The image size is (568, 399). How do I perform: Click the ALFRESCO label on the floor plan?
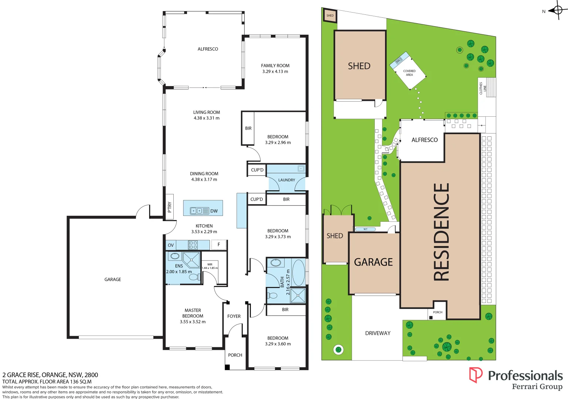[208, 49]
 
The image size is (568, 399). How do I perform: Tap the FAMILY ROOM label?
[275, 66]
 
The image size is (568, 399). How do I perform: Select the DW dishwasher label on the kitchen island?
[214, 211]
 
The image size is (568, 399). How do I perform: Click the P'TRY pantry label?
[170, 207]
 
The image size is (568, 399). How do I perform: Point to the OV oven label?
[171, 245]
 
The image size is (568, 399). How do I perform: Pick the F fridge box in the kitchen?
[218, 245]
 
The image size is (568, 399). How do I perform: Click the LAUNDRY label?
[286, 180]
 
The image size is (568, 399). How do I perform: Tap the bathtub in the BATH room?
[298, 272]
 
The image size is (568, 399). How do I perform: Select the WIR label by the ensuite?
[210, 265]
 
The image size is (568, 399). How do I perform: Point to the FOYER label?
[234, 316]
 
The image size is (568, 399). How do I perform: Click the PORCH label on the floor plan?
[235, 355]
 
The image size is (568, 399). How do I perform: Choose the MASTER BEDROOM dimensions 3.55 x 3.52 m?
[193, 322]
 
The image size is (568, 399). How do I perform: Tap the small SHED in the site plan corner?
[330, 16]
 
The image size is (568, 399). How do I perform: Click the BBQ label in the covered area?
[398, 61]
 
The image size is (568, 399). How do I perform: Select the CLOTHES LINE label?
[483, 88]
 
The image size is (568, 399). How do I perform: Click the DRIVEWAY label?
[378, 333]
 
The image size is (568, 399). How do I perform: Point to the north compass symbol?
[558, 10]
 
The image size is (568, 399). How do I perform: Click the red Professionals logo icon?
[476, 375]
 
